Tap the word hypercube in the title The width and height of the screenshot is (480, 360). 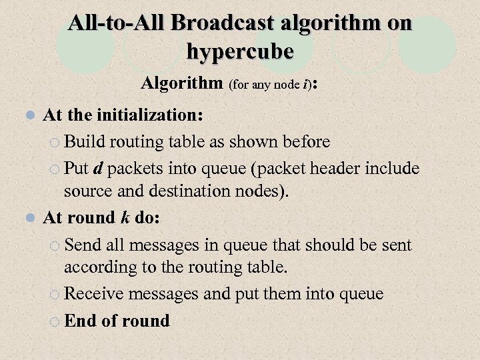240,51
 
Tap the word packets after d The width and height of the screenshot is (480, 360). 135,168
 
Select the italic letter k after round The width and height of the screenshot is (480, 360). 125,218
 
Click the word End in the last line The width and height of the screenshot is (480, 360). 80,321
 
